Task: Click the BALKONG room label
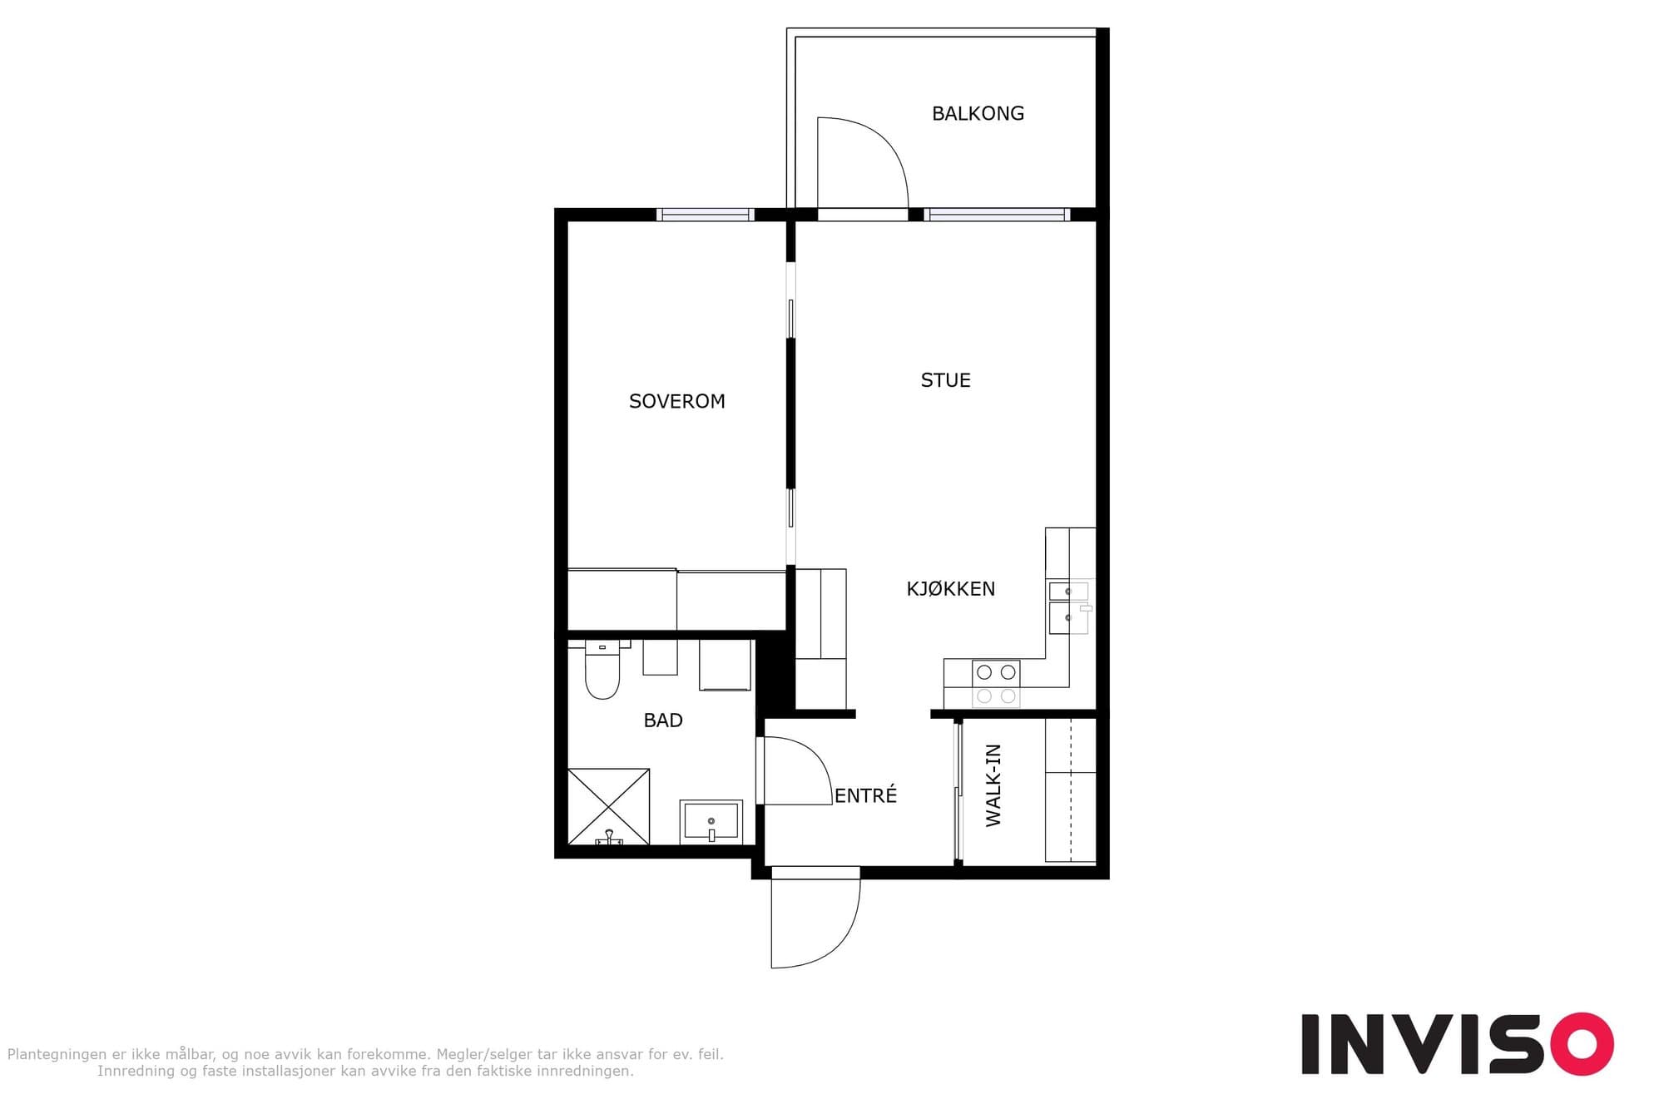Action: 978,113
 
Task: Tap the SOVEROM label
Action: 676,401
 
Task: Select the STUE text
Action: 945,380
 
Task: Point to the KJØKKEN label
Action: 950,589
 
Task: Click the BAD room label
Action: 663,720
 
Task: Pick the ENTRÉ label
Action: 865,795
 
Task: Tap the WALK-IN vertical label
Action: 993,785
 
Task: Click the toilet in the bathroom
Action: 602,669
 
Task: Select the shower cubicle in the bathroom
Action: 608,806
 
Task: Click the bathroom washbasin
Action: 711,822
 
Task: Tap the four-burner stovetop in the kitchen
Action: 996,684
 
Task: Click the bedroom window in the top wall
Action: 706,215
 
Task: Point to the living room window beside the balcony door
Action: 997,215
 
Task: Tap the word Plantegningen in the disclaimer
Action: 57,1055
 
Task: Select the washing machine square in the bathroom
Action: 725,665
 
